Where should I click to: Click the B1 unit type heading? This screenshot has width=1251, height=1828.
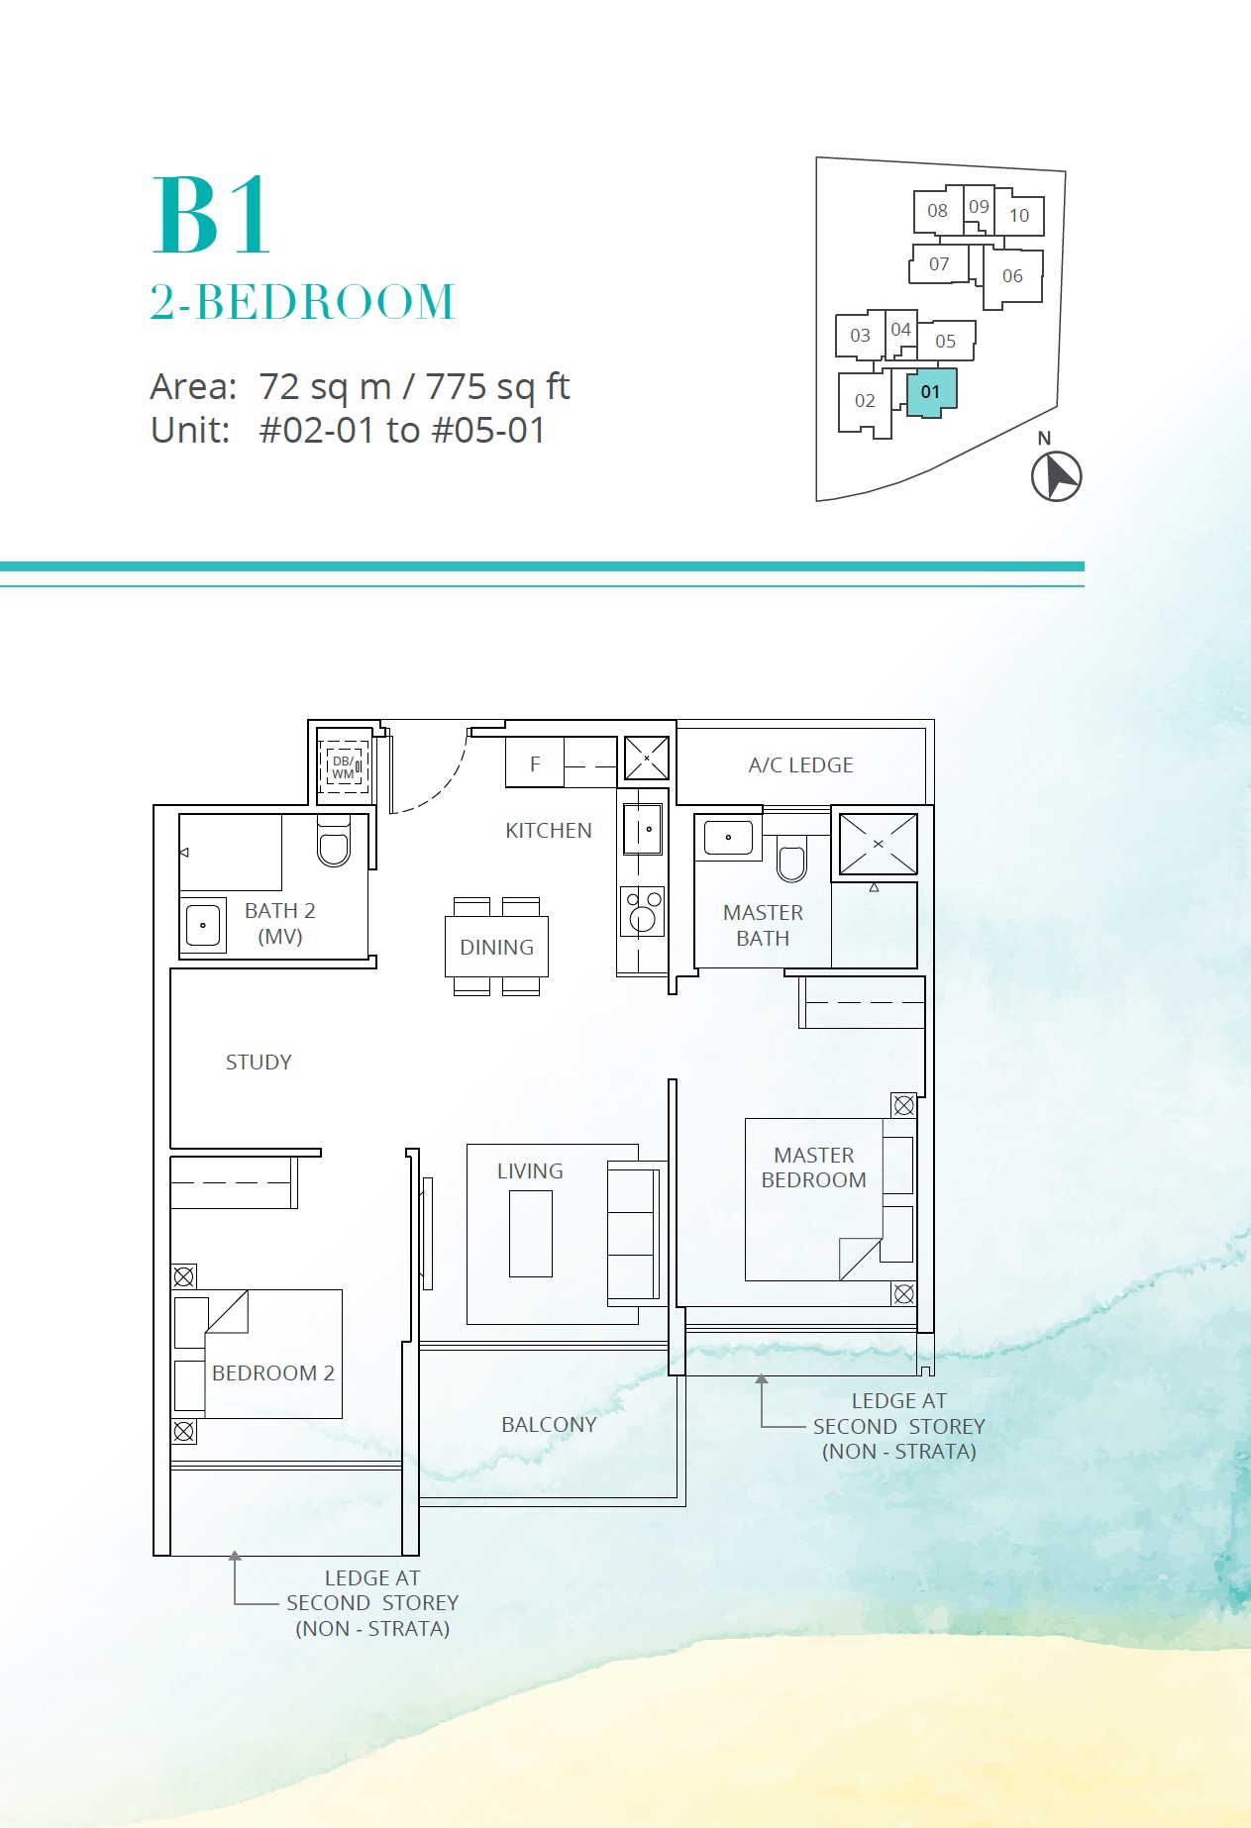pyautogui.click(x=210, y=215)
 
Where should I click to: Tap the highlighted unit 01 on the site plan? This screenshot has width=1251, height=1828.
pyautogui.click(x=931, y=392)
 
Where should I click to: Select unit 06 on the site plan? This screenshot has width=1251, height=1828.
pyautogui.click(x=1012, y=276)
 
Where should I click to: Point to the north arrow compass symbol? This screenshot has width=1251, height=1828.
pyautogui.click(x=1056, y=476)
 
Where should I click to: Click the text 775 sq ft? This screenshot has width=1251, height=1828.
pyautogui.click(x=498, y=386)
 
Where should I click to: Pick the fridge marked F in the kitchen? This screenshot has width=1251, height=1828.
pyautogui.click(x=535, y=763)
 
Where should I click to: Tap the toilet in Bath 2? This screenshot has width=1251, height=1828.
pyautogui.click(x=334, y=841)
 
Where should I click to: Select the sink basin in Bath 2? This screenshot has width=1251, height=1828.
pyautogui.click(x=203, y=925)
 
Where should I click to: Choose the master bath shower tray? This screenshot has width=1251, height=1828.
pyautogui.click(x=878, y=844)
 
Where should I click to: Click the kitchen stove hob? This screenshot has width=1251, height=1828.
pyautogui.click(x=642, y=911)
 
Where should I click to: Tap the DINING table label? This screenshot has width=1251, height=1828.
pyautogui.click(x=496, y=948)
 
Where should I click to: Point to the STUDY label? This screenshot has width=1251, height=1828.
pyautogui.click(x=259, y=1063)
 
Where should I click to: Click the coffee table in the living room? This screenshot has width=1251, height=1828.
pyautogui.click(x=531, y=1234)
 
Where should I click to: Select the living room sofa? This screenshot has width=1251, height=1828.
pyautogui.click(x=633, y=1233)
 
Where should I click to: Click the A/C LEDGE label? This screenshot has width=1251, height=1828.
pyautogui.click(x=800, y=765)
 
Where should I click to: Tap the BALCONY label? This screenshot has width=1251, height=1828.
pyautogui.click(x=549, y=1425)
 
